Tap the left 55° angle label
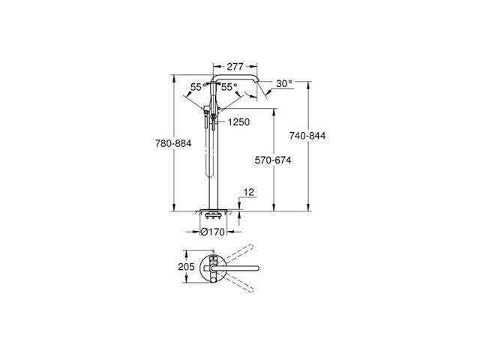pos(196,87)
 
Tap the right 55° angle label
pos(230,87)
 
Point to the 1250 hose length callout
pos(238,121)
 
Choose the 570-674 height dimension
pos(272,160)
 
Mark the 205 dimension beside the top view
pos(187,266)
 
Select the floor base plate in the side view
pos(213,209)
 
